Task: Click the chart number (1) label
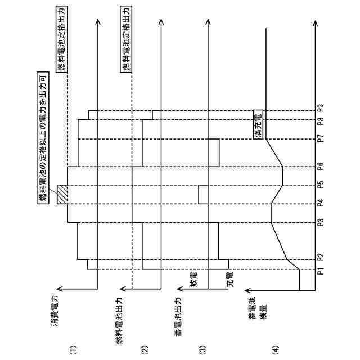tap(73, 349)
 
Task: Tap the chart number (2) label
tap(145, 349)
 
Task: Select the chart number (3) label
tap(204, 349)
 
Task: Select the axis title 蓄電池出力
tap(178, 316)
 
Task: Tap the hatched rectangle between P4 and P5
tap(62, 195)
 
